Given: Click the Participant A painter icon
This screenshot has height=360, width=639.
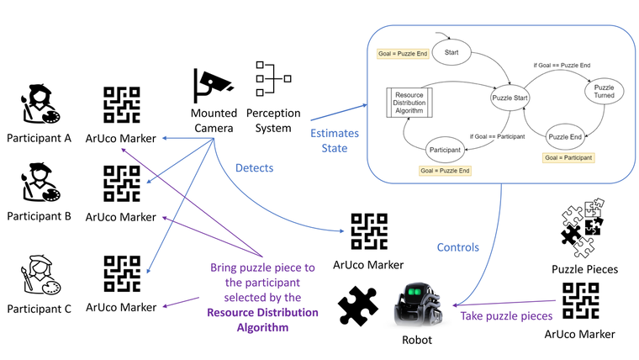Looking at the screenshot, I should (x=38, y=105).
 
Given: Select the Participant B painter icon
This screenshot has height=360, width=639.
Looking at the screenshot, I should (x=38, y=181).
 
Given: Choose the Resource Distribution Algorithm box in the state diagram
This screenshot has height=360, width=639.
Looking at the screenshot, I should (x=409, y=104).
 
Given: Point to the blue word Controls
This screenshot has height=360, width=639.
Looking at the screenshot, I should (x=458, y=247).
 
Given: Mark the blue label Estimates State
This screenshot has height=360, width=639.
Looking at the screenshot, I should (x=335, y=140).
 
